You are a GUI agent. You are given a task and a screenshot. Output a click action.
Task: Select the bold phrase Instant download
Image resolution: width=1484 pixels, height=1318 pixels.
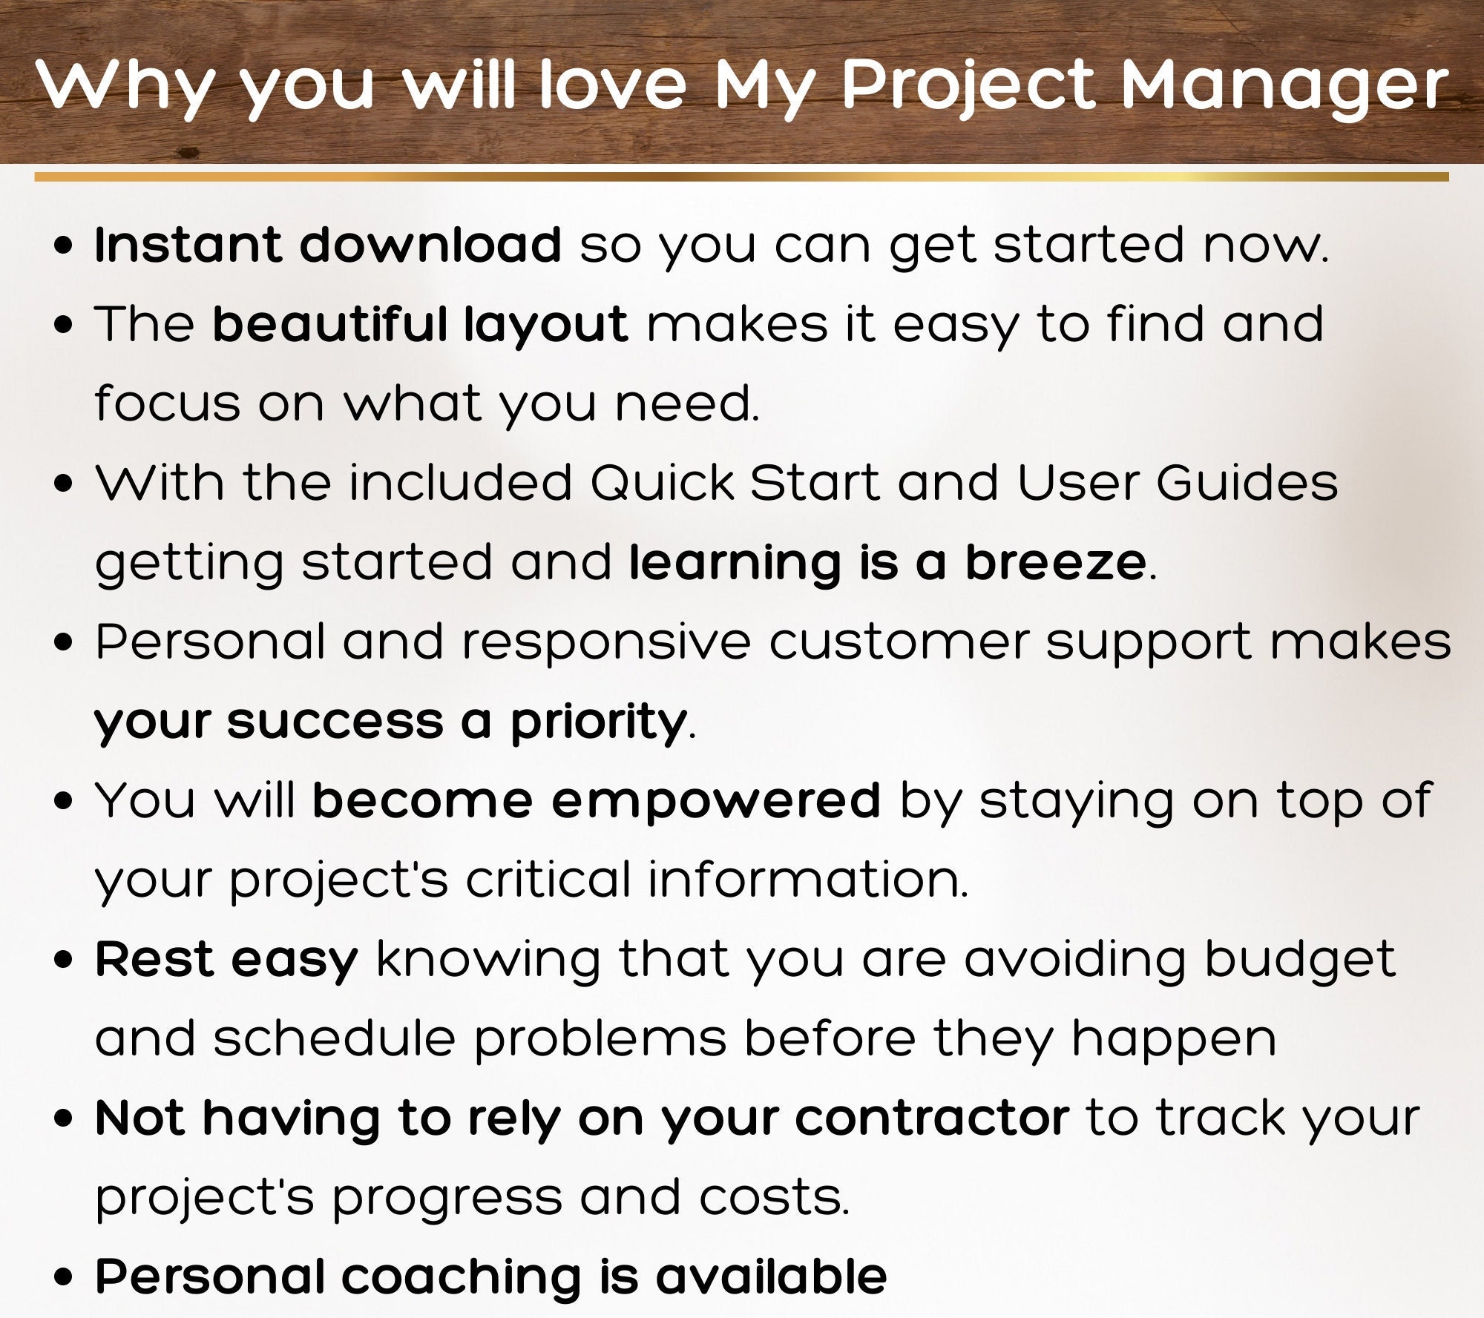point(328,244)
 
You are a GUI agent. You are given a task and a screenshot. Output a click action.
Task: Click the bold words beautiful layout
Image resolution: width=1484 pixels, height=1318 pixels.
point(421,325)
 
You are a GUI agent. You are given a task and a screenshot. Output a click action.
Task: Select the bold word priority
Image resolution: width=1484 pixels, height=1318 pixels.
point(597,723)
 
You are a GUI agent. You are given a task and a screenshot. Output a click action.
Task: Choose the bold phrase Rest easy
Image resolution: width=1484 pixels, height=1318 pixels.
point(226,961)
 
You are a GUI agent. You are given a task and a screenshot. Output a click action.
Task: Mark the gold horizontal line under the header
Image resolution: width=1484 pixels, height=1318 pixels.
point(741,177)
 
